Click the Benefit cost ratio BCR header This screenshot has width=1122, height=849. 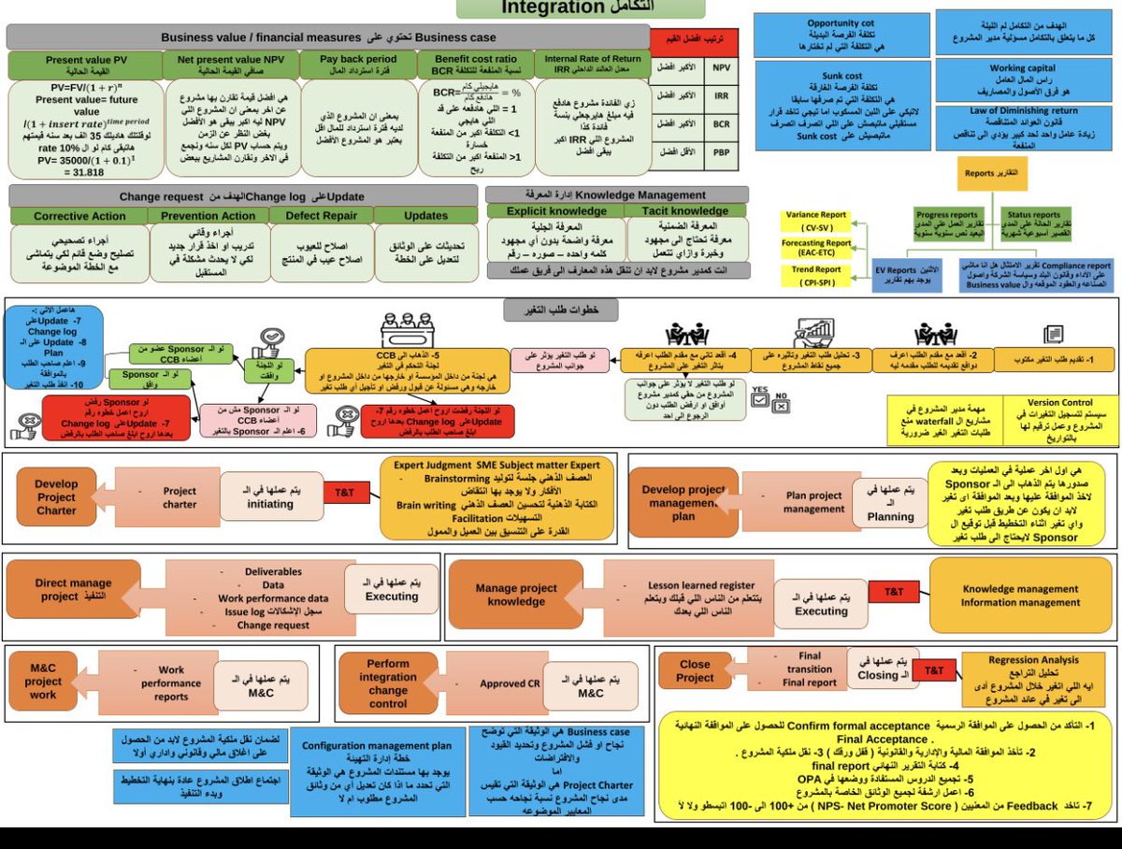(474, 65)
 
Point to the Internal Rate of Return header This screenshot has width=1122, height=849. (593, 65)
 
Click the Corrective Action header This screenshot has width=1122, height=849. (79, 215)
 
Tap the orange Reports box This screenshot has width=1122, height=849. (993, 173)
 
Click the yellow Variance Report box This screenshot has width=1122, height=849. (816, 222)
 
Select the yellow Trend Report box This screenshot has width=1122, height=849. (816, 275)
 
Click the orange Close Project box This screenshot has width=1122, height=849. (695, 670)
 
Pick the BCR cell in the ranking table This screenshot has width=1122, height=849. (721, 124)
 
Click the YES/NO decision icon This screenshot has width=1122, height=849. (770, 397)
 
